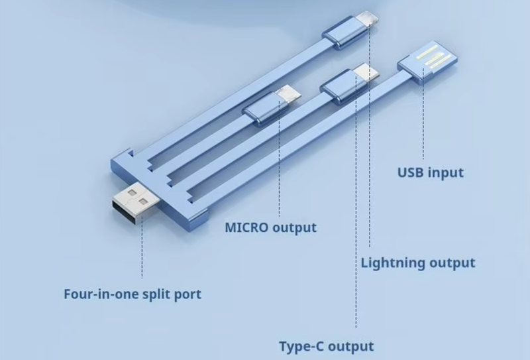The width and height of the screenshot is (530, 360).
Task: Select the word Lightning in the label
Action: pyautogui.click(x=394, y=263)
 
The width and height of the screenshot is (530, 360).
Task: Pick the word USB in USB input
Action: pyautogui.click(x=411, y=173)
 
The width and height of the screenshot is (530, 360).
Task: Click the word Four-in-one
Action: pyautogui.click(x=101, y=294)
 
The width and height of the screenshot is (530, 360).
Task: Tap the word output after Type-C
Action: pyautogui.click(x=351, y=346)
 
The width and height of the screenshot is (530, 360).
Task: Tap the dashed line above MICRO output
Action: pyautogui.click(x=280, y=166)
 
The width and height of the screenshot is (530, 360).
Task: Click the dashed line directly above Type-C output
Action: pyautogui.click(x=356, y=265)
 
